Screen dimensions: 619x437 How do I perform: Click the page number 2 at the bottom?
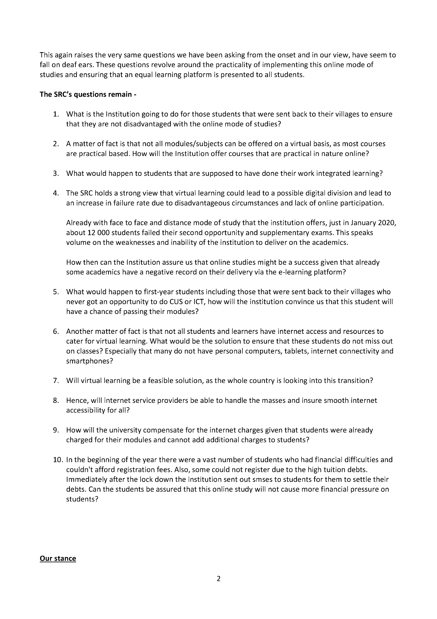pyautogui.click(x=218, y=578)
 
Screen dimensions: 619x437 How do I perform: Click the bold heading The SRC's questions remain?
pyautogui.click(x=88, y=94)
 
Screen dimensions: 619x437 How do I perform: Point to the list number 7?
pyautogui.click(x=56, y=381)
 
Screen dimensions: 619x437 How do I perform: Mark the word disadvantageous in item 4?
pyautogui.click(x=210, y=203)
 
